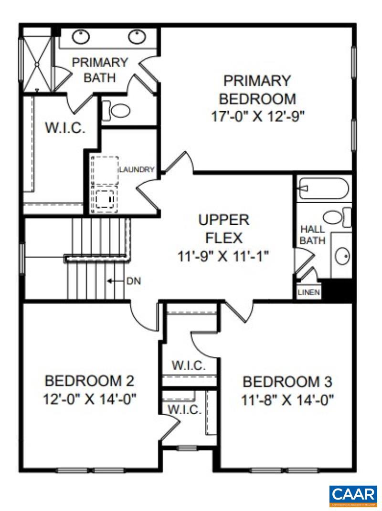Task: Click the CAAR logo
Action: coord(353,496)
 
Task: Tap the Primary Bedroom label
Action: coord(257,89)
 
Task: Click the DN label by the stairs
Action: coord(133,281)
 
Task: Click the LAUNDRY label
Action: coord(137,169)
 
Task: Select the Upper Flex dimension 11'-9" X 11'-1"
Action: coord(223,257)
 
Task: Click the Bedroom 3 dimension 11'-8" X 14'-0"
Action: coord(287,399)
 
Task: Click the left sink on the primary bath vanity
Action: coord(81,35)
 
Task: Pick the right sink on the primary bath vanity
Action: coord(138,35)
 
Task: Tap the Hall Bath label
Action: coord(313,235)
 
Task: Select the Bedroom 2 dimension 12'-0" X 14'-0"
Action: coord(89,398)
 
